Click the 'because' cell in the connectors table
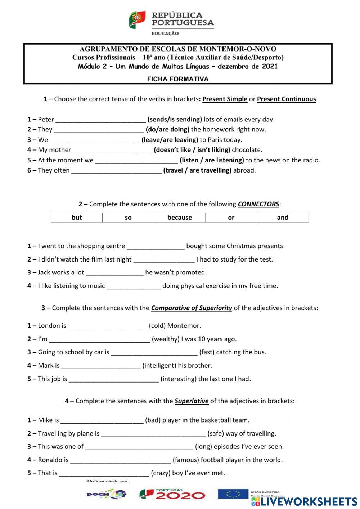pos(180,218)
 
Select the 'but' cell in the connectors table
pos(77,218)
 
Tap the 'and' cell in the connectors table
pos(283,218)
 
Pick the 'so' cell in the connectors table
pos(128,218)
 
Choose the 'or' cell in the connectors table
pos(231,218)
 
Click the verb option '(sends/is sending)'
pos(175,120)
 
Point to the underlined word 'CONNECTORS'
pos(258,204)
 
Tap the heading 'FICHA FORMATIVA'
pos(178,79)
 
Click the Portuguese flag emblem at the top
pos(137,19)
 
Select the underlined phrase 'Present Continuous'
pos(286,99)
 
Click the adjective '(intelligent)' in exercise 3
pos(159,366)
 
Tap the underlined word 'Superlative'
pos(192,401)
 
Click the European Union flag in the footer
pos(233,494)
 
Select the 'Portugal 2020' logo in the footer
pos(172,494)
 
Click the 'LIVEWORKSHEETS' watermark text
pos(309,502)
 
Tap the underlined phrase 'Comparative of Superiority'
pos(192,308)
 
